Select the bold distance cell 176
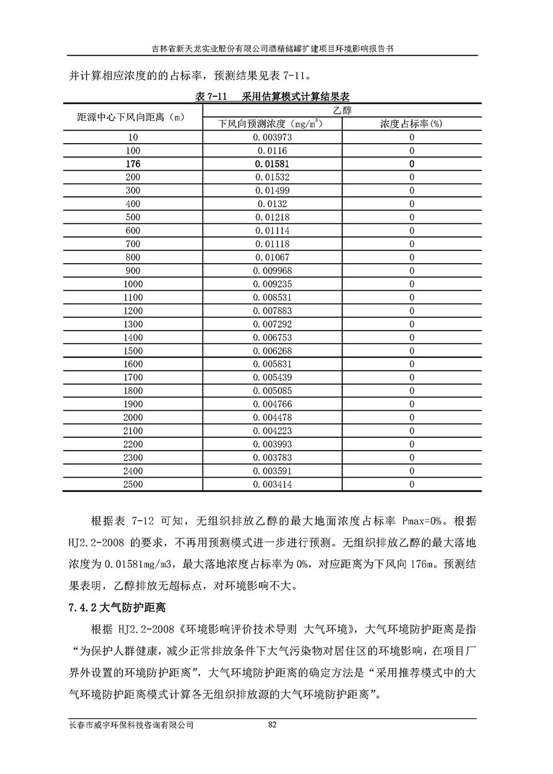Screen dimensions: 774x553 pyautogui.click(x=133, y=164)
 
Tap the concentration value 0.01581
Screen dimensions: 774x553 pyautogui.click(x=272, y=164)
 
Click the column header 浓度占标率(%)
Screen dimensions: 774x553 pyautogui.click(x=411, y=124)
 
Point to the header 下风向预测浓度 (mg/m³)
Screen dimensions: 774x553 pyautogui.click(x=271, y=124)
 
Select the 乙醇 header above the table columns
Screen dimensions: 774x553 pyautogui.click(x=342, y=110)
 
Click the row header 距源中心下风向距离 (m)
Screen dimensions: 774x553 pyautogui.click(x=131, y=117)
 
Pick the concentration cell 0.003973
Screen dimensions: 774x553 pyautogui.click(x=272, y=137)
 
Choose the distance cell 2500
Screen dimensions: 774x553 pyautogui.click(x=133, y=484)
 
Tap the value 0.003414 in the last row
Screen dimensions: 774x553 pyautogui.click(x=272, y=484)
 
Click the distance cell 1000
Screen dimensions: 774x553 pyautogui.click(x=133, y=284)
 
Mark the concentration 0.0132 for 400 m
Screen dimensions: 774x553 pyautogui.click(x=272, y=204)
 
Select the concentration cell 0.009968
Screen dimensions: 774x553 pyautogui.click(x=272, y=271)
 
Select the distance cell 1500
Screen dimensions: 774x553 pyautogui.click(x=133, y=351)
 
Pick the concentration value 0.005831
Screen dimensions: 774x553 pyautogui.click(x=272, y=364)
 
